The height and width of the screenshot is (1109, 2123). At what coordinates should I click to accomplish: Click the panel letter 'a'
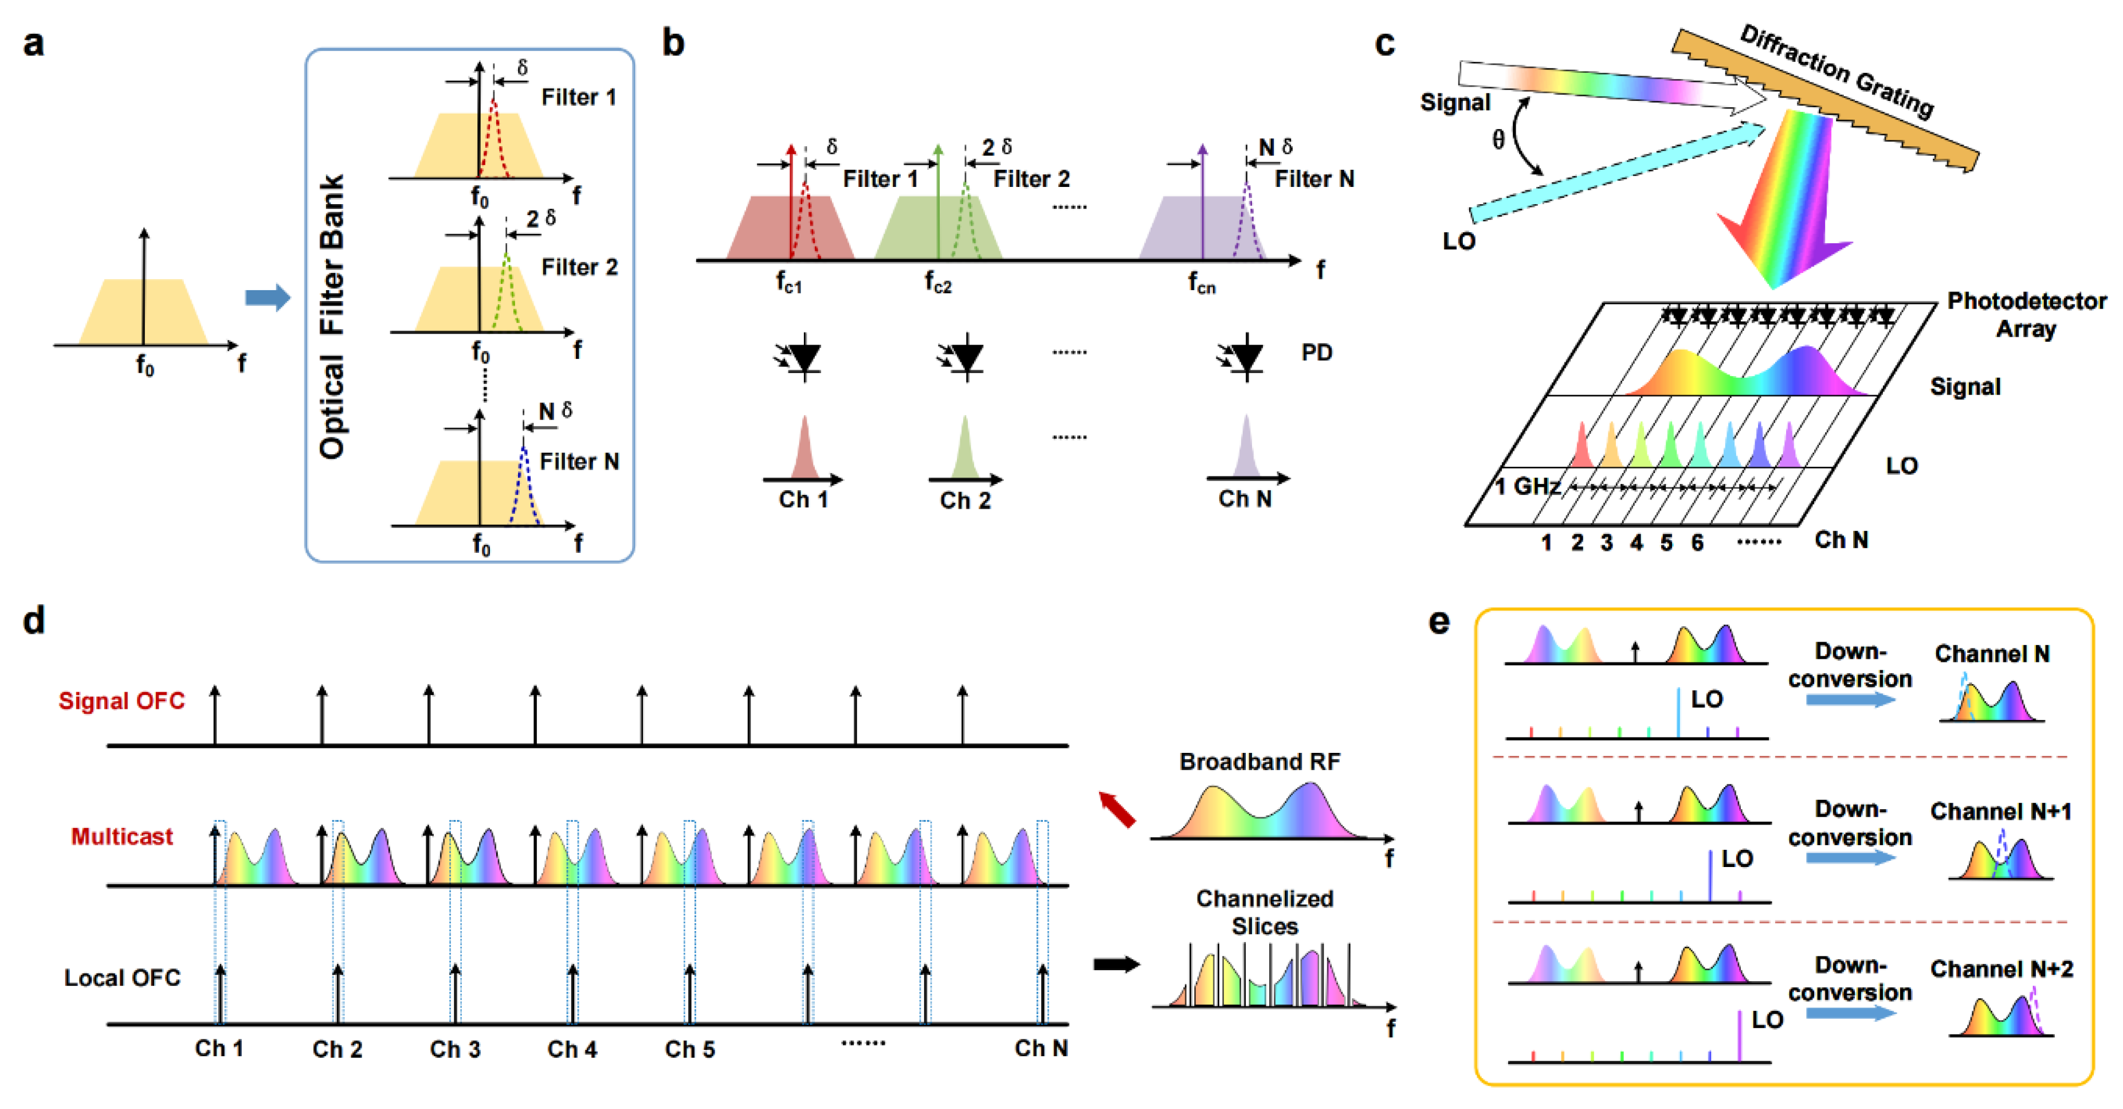tap(33, 43)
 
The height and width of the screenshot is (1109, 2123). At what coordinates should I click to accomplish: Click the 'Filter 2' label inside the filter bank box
tap(579, 267)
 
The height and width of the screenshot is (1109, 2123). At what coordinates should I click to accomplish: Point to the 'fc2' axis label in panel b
tap(938, 283)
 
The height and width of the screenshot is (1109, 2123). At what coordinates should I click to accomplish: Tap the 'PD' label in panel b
tap(1316, 353)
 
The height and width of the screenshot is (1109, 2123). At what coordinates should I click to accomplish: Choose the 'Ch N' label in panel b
tap(1245, 499)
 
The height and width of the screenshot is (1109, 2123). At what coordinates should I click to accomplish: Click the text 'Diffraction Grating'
tap(1836, 71)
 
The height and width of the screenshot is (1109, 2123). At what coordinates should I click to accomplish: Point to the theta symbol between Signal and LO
tap(1498, 140)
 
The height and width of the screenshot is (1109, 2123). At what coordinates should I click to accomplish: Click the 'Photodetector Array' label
tap(2026, 315)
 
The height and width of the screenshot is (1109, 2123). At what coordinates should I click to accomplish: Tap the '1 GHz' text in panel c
tap(1527, 486)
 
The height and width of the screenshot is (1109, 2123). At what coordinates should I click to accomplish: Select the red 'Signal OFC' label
tap(122, 701)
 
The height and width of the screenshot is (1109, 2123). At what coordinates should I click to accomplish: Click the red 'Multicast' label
tap(122, 837)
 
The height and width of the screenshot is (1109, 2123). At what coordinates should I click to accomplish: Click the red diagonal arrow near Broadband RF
tap(1117, 810)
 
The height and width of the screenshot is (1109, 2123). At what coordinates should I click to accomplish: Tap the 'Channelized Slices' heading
tap(1264, 912)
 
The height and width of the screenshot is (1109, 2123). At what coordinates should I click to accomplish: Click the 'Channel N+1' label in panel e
tap(2000, 811)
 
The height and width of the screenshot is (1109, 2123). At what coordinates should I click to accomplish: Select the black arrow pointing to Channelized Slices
tap(1116, 964)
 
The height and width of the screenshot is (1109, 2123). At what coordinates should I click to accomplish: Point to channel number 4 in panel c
tap(1636, 542)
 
